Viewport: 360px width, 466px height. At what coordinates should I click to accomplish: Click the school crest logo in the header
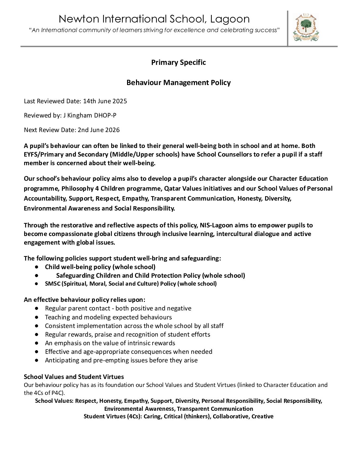[306, 28]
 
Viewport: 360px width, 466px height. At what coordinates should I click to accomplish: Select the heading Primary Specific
[178, 62]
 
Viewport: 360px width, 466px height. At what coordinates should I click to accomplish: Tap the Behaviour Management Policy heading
[178, 82]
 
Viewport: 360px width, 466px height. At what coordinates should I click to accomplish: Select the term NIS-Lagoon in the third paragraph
[216, 225]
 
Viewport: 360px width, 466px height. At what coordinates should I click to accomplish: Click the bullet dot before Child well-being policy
[37, 267]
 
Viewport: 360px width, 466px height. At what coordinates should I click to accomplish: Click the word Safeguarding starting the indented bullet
[75, 275]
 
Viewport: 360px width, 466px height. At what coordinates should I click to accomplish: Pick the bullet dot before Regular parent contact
[37, 308]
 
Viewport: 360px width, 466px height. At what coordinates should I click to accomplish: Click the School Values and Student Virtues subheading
[74, 377]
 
